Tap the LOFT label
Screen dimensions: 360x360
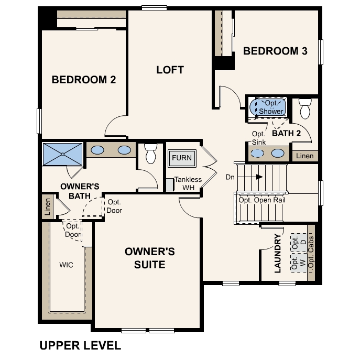coord(170,70)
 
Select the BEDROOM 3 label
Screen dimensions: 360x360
coord(275,51)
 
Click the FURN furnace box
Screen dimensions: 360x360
coord(182,158)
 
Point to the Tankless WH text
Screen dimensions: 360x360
coord(188,183)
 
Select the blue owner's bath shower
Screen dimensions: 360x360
coord(62,154)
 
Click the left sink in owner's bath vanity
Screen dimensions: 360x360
coord(98,150)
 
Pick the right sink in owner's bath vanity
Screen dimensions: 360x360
coord(124,150)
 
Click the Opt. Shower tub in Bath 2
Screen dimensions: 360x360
coord(270,107)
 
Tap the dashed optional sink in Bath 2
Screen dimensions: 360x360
coord(257,154)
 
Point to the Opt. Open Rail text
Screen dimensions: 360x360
coord(261,200)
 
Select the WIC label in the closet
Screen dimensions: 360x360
coord(66,265)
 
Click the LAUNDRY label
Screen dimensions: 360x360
coord(278,254)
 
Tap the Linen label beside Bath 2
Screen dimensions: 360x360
coord(304,156)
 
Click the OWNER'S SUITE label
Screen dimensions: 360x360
coord(149,258)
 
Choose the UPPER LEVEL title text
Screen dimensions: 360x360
coord(80,345)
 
